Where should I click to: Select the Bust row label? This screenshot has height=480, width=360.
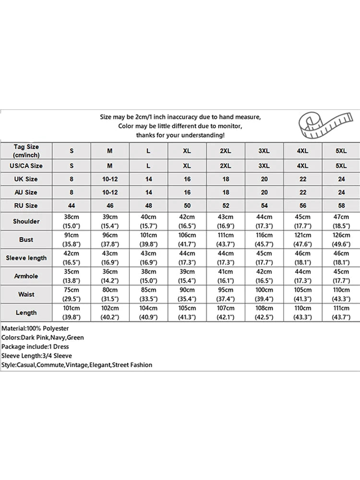[26, 239]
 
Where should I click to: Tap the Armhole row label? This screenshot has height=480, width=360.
[26, 276]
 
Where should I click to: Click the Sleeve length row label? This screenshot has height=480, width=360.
[26, 258]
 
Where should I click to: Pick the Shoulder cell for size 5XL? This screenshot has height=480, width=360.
[341, 221]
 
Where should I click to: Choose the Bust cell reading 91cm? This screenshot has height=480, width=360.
[72, 239]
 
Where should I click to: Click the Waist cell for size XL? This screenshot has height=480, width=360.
[187, 294]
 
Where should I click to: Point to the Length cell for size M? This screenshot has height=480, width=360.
[110, 312]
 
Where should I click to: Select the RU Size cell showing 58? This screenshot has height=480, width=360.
[341, 205]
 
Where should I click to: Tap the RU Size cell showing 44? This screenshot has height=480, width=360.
[72, 205]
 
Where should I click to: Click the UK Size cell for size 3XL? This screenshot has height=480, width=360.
[264, 179]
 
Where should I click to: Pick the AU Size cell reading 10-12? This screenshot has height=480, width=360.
[110, 192]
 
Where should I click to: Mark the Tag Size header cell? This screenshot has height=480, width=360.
[26, 151]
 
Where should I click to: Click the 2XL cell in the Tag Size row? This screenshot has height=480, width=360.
[226, 151]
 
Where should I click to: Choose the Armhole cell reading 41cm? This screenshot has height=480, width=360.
[226, 276]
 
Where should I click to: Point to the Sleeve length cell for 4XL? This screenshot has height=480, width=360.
[302, 258]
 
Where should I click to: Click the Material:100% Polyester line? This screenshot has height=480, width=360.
[36, 328]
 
